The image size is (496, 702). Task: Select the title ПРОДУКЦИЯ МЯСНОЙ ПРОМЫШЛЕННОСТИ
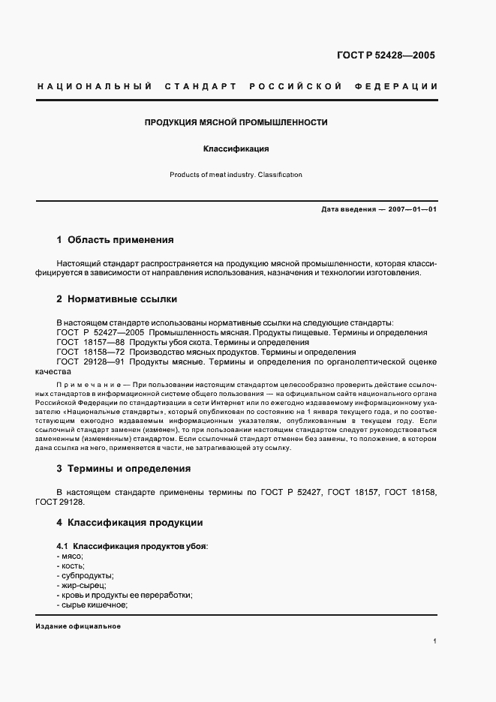click(236, 121)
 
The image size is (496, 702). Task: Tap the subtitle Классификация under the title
click(236, 149)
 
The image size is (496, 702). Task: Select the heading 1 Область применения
click(115, 240)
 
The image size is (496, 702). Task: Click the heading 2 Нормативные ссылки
click(116, 299)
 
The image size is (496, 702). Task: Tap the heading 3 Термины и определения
click(123, 469)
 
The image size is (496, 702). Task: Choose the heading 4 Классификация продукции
click(129, 522)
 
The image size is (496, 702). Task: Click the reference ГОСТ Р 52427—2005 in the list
click(101, 331)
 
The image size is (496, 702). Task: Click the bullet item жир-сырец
click(81, 585)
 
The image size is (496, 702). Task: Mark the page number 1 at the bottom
click(434, 642)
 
